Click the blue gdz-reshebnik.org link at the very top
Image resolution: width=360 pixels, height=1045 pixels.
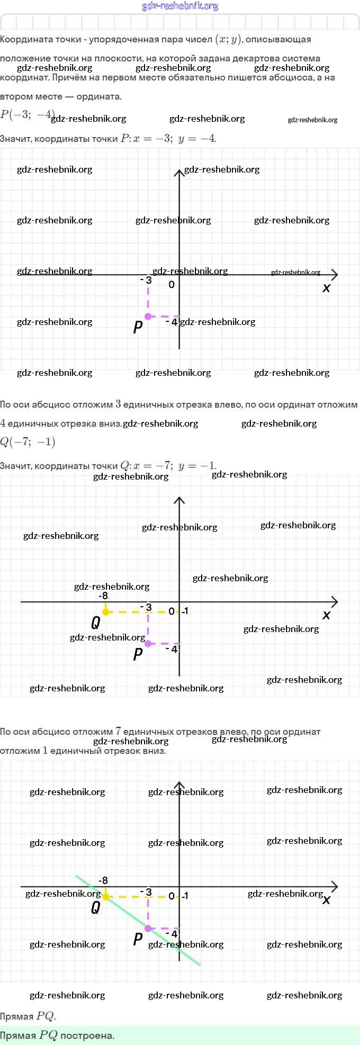180,6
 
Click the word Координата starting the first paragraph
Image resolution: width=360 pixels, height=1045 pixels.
22,40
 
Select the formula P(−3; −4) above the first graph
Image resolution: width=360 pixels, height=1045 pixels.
27,114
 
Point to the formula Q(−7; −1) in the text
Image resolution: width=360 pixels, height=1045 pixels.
28,442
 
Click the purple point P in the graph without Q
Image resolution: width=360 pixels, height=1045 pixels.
148,317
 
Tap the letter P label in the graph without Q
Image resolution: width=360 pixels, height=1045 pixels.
138,327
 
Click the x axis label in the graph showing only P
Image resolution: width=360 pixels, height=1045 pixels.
326,288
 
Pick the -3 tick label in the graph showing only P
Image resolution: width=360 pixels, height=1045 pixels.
146,280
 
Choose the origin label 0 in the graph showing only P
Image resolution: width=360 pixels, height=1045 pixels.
172,285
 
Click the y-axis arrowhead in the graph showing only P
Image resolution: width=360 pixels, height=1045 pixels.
179,172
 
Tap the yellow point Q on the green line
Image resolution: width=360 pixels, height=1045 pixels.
106,897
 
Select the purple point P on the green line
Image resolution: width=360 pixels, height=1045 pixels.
148,929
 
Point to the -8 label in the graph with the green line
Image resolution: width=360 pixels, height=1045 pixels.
103,880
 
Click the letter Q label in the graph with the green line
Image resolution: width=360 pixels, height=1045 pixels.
95,908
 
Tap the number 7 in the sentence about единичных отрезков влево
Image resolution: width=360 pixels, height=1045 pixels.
118,731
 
